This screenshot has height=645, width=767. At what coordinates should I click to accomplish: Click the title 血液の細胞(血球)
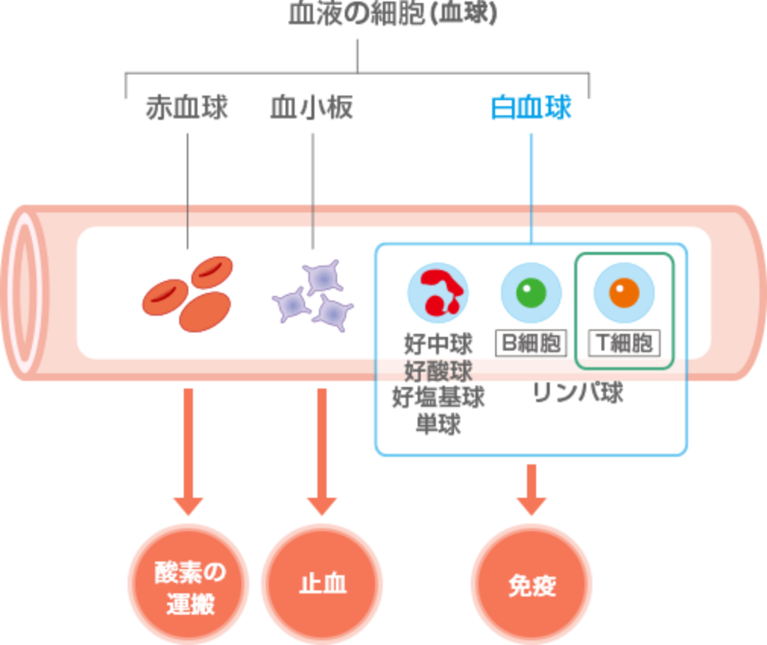(393, 14)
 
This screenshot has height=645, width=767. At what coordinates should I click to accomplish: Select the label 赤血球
(187, 109)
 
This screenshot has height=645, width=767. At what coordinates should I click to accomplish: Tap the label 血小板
(312, 109)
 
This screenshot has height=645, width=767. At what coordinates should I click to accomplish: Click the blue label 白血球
(531, 109)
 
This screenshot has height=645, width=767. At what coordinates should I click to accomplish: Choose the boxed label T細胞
(624, 343)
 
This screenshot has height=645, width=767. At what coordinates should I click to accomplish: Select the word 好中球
(438, 345)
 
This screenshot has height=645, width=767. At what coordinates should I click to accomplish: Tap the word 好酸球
(438, 372)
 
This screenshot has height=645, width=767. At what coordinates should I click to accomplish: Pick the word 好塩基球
(438, 398)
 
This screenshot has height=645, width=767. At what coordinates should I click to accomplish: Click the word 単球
(438, 424)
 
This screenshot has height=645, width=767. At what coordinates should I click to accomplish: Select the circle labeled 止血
(322, 585)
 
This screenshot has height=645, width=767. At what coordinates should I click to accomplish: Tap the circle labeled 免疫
(532, 585)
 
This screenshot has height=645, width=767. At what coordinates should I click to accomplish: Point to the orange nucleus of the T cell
(624, 293)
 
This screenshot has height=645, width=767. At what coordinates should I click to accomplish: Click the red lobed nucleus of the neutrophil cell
(437, 293)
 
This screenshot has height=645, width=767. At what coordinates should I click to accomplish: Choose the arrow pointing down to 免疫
(532, 489)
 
